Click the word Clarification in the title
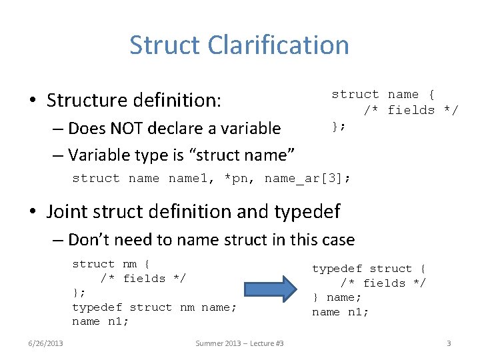278,45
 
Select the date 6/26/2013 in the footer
46,343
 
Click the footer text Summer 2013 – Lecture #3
239,343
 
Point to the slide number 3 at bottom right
449,343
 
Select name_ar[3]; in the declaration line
307,179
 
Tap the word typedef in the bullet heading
307,211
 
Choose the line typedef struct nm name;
154,307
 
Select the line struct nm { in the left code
111,264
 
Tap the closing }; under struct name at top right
339,125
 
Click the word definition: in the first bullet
177,101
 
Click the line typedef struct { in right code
369,269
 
